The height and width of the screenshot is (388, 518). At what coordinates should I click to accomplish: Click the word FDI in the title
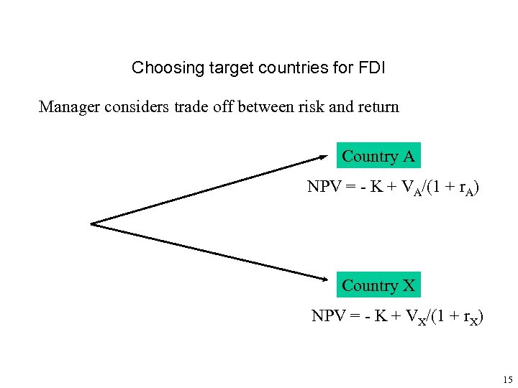coord(371,68)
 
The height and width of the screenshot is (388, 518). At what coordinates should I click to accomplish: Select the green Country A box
coord(378,156)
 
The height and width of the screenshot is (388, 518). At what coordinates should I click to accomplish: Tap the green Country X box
coord(378,285)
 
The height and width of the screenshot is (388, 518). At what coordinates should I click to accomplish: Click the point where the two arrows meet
coord(92,223)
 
